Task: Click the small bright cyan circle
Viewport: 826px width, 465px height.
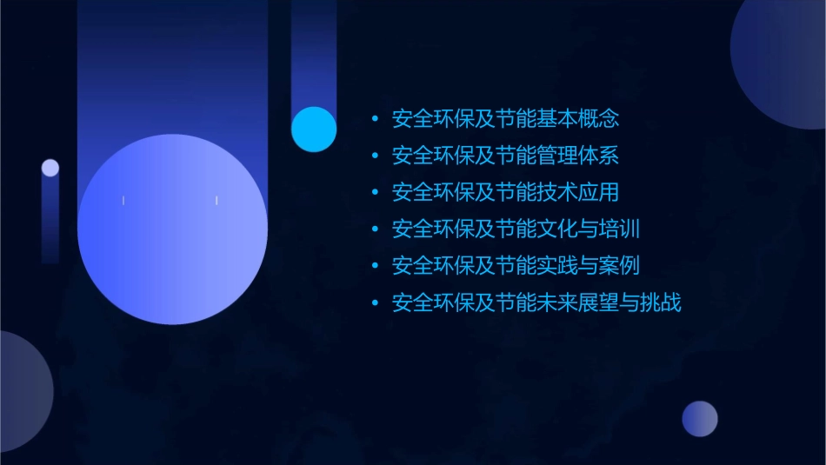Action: click(x=314, y=129)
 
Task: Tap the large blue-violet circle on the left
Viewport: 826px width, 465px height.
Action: click(x=172, y=229)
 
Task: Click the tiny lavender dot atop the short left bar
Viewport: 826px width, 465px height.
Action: click(x=50, y=168)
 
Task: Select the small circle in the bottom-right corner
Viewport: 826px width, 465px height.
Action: click(x=700, y=419)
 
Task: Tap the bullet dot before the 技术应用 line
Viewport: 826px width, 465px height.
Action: click(x=374, y=193)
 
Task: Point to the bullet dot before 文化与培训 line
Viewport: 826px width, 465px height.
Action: click(x=374, y=230)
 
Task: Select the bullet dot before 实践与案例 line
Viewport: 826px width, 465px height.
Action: click(x=374, y=267)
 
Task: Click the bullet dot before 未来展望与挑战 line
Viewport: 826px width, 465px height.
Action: click(x=374, y=304)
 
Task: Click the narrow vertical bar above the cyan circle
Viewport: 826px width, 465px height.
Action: click(x=314, y=52)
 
